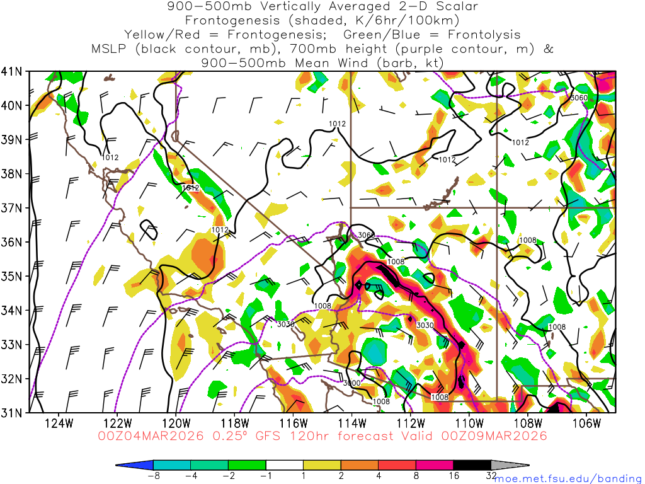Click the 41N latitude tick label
pyautogui.click(x=13, y=71)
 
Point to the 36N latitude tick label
pyautogui.click(x=13, y=242)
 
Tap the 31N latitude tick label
pyautogui.click(x=13, y=413)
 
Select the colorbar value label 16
pyautogui.click(x=454, y=476)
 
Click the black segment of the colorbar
pyautogui.click(x=472, y=465)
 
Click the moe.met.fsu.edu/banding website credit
pyautogui.click(x=569, y=478)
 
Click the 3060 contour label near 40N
pyautogui.click(x=578, y=98)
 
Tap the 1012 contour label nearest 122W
pyautogui.click(x=110, y=158)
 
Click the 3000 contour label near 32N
pyautogui.click(x=352, y=383)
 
